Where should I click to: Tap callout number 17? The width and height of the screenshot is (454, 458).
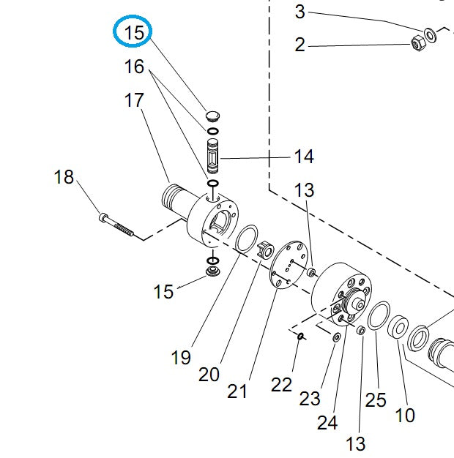[134, 100]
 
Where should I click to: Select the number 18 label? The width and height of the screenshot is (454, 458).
[64, 177]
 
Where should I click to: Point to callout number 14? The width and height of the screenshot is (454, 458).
[303, 157]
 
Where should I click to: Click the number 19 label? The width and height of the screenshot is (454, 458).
[180, 357]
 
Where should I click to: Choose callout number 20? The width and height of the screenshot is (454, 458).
[209, 374]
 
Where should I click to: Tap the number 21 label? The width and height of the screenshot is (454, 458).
[237, 391]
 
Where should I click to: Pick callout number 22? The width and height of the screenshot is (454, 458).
[282, 384]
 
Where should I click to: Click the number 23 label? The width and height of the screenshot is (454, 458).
[310, 399]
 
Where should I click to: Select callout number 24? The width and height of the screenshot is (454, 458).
[327, 422]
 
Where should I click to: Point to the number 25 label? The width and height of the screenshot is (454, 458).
[376, 399]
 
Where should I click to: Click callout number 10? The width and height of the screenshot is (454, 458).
[404, 416]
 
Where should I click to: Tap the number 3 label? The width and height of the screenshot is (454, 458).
[299, 12]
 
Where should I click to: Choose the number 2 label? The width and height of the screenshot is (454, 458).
[299, 45]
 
